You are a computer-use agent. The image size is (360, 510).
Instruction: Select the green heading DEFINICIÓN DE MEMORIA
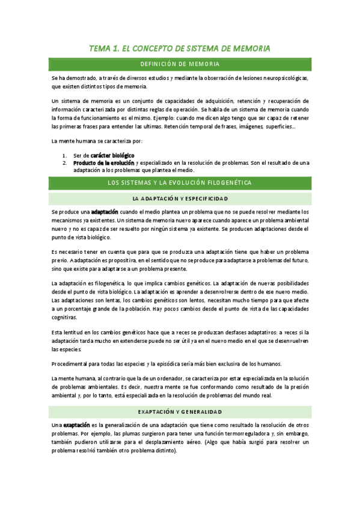coord(180,64)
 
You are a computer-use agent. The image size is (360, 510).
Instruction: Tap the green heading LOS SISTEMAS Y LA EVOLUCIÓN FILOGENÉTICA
coord(180,182)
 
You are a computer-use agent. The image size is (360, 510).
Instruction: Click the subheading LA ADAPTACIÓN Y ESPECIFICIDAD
coord(180,198)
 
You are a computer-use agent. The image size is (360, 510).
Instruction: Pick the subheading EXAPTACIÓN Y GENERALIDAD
coord(180,411)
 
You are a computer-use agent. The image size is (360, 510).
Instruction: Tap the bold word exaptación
coord(76,425)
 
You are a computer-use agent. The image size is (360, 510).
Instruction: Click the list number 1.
coord(64,155)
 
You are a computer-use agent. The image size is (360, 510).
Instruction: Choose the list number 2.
coord(64,162)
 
